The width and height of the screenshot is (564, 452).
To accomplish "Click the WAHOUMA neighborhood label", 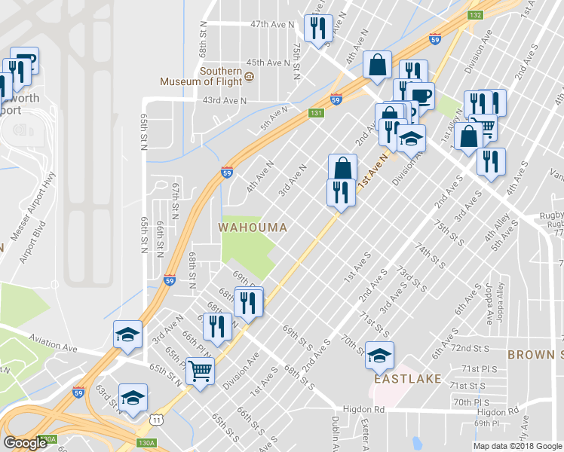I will click(x=253, y=227).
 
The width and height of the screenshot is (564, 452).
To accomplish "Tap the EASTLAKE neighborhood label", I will click(x=408, y=380).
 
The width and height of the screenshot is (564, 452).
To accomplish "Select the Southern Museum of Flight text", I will click(x=201, y=76).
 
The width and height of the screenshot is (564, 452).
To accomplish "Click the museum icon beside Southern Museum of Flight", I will click(x=250, y=76).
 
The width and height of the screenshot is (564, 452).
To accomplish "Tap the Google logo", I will click(x=25, y=443).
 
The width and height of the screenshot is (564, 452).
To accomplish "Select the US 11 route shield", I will click(x=155, y=417).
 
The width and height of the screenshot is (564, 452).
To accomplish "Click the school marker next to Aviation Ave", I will click(x=127, y=334).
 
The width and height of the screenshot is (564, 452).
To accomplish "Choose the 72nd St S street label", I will click(x=470, y=350).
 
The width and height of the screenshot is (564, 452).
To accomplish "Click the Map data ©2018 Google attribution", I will click(x=517, y=446).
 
